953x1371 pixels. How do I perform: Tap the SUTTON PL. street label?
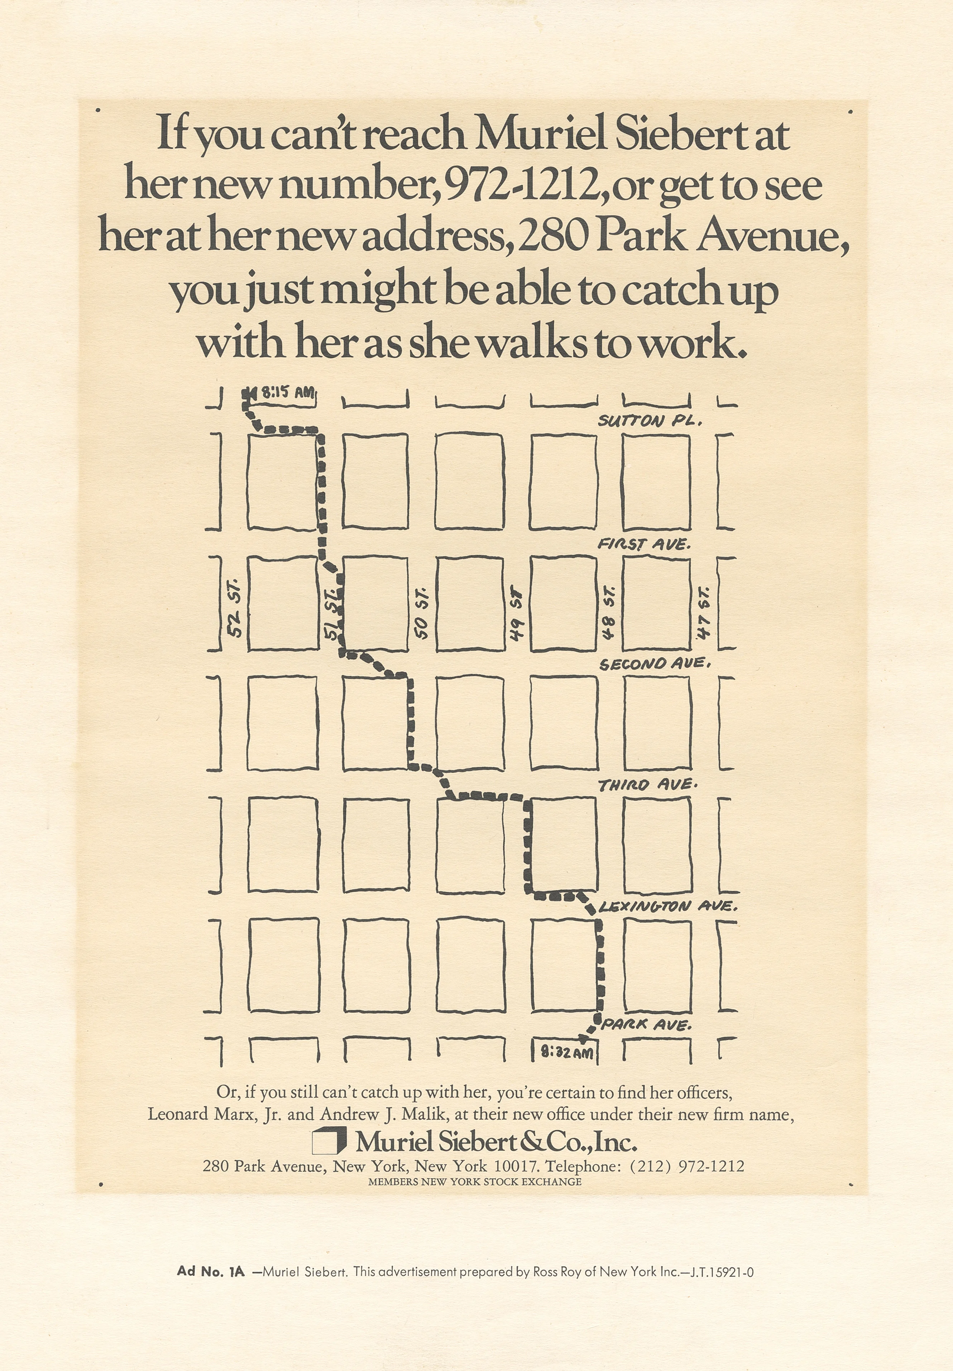pyautogui.click(x=650, y=421)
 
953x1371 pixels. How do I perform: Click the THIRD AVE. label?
pyautogui.click(x=647, y=785)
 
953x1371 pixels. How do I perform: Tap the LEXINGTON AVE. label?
pyautogui.click(x=667, y=907)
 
